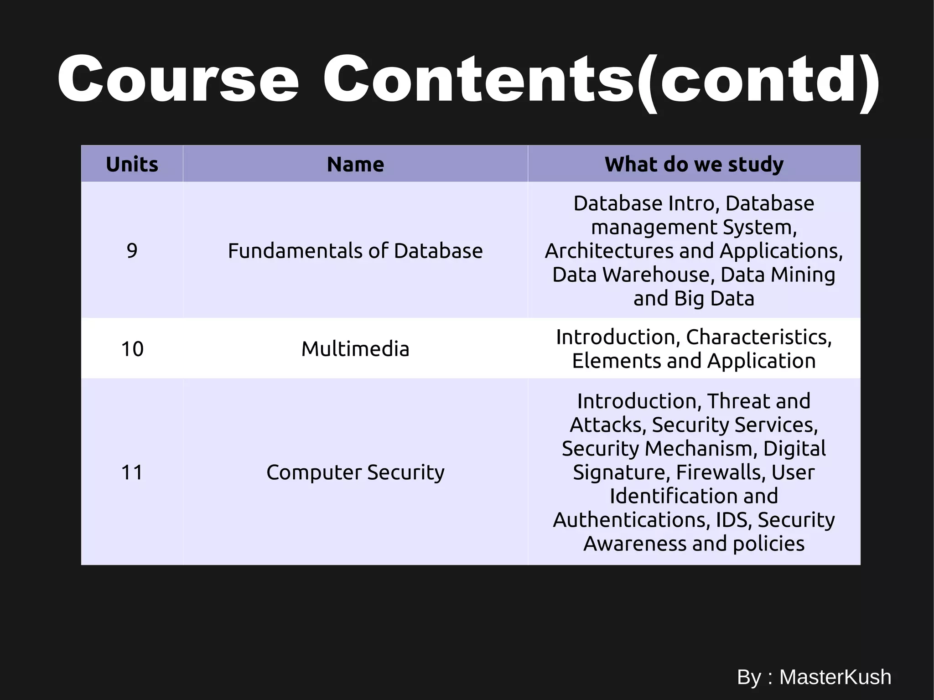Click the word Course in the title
178,80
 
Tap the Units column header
132,164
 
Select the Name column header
355,164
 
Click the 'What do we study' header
694,164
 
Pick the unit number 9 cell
132,250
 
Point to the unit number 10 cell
132,349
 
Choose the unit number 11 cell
132,472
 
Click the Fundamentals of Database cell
355,250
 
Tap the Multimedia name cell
355,349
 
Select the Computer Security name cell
355,472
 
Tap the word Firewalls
720,472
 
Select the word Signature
621,472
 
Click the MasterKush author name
835,677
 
